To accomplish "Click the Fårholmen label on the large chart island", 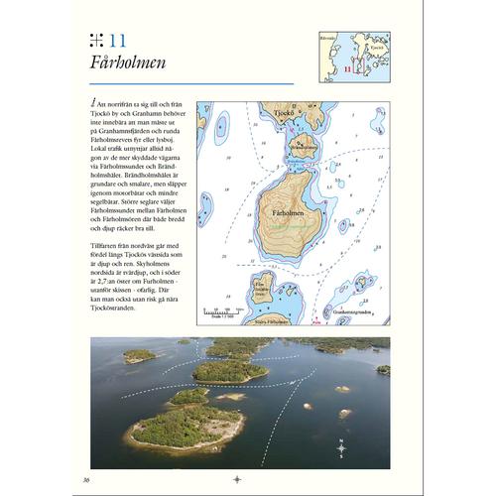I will tap(289, 214).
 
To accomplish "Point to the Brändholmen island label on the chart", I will tap(298, 149).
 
